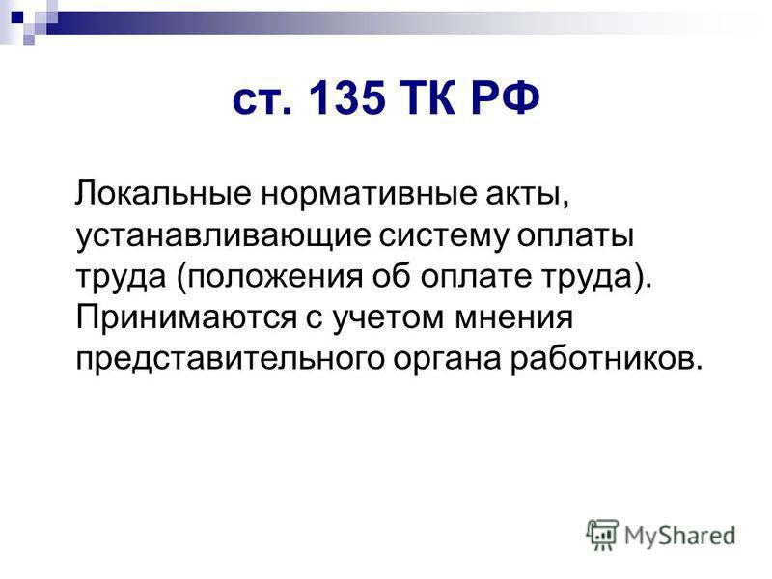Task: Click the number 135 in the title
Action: click(x=347, y=97)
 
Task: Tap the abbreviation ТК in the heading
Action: click(x=427, y=97)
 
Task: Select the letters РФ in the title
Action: click(x=505, y=97)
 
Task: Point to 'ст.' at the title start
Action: click(x=262, y=101)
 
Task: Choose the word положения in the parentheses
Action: click(x=274, y=277)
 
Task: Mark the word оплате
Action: click(x=476, y=276)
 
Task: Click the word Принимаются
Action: click(x=186, y=318)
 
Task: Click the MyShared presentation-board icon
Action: click(x=602, y=535)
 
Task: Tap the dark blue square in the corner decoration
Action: click(x=17, y=18)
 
